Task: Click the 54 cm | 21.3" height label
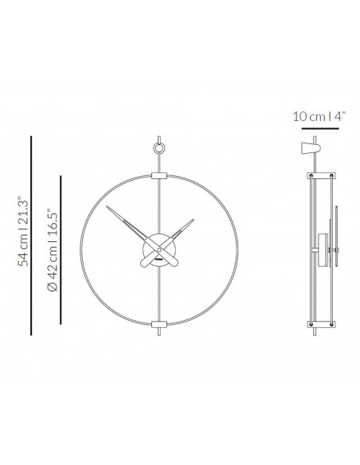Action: pos(23,231)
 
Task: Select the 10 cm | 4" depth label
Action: pos(319,116)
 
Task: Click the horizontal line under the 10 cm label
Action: pos(320,129)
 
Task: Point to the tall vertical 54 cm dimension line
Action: pos(31,236)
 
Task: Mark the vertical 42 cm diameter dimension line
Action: pos(61,250)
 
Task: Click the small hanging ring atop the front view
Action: pos(159,148)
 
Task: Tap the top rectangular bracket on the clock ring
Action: pos(159,176)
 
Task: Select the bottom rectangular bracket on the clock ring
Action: pos(159,324)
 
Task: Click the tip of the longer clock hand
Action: pos(107,206)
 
